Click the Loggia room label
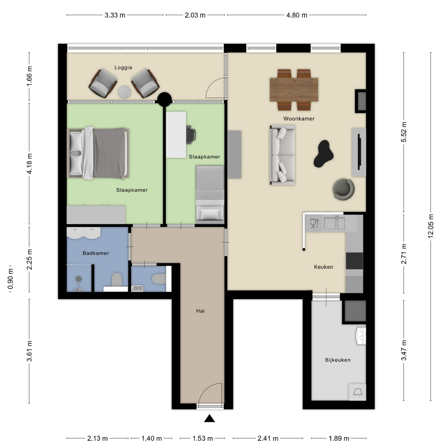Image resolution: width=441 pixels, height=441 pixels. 123,67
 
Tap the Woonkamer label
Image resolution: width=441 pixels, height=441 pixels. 299,119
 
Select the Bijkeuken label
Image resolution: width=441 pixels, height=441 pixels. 338,360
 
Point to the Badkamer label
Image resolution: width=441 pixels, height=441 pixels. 96,253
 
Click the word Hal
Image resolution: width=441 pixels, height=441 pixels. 200,311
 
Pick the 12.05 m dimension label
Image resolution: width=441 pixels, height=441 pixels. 431,226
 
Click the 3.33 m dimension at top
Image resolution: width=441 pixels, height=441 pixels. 115,15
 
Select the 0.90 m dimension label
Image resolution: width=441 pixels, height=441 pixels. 11,279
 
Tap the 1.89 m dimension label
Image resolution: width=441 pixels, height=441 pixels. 339,438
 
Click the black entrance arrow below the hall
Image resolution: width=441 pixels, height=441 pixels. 210,419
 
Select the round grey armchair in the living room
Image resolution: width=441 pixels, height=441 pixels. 343,189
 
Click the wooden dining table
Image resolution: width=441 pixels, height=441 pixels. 294,90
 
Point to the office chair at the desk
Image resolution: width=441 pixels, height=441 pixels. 191,134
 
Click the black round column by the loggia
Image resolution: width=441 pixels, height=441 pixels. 165,99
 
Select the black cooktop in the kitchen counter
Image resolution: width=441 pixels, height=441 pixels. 354,261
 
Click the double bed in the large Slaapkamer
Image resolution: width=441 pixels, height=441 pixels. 98,153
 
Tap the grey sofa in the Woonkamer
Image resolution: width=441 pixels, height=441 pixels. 282,155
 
